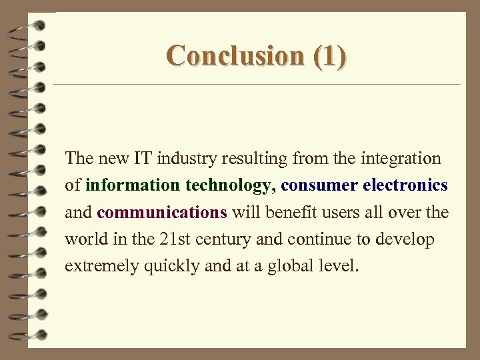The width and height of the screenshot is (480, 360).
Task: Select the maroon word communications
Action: pos(162,213)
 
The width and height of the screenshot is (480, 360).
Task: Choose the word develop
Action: pos(406,239)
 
